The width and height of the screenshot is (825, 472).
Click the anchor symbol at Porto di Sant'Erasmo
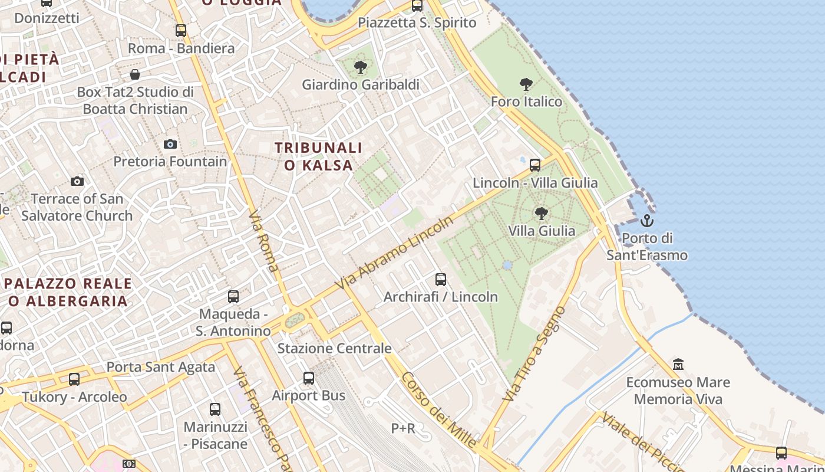pyautogui.click(x=647, y=221)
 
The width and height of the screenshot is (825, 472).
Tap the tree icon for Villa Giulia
pyautogui.click(x=541, y=213)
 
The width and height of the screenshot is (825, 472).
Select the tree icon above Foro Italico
pyautogui.click(x=526, y=84)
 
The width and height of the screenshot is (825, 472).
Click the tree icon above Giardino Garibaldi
pyautogui.click(x=361, y=67)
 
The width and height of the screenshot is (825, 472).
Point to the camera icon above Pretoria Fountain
pyautogui.click(x=170, y=144)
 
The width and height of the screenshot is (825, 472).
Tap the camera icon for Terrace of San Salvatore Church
pyautogui.click(x=77, y=181)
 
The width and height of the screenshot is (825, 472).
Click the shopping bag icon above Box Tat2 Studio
pyautogui.click(x=135, y=74)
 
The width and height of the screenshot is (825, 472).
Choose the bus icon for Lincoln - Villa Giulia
pyautogui.click(x=535, y=165)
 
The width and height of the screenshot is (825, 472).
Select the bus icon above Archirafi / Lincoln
pyautogui.click(x=441, y=279)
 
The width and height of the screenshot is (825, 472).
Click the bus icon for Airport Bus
pyautogui.click(x=309, y=378)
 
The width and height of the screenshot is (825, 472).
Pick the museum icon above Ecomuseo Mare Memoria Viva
pyautogui.click(x=678, y=364)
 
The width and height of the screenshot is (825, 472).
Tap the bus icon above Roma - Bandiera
pyautogui.click(x=181, y=30)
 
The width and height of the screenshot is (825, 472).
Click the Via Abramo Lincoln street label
pyautogui.click(x=394, y=253)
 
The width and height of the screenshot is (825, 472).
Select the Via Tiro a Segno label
pyautogui.click(x=534, y=354)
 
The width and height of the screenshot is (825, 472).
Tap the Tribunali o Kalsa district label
pyautogui.click(x=318, y=156)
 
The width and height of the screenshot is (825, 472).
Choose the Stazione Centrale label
pyautogui.click(x=334, y=348)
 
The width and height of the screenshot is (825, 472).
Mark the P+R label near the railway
pyautogui.click(x=403, y=428)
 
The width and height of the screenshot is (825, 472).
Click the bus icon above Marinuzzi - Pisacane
pyautogui.click(x=215, y=409)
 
